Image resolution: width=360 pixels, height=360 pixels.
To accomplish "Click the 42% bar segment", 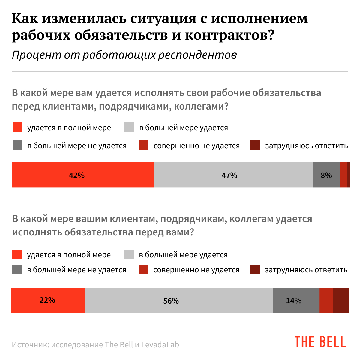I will coord(83,175).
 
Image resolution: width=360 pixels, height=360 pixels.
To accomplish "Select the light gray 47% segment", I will coord(234,175).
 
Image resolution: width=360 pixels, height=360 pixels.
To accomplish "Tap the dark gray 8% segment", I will coord(327,175).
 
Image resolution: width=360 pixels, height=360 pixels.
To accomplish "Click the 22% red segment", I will coord(48,300).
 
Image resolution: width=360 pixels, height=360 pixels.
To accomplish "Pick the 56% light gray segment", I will coord(179,300).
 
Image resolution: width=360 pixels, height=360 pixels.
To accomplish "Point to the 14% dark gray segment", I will coord(296,300).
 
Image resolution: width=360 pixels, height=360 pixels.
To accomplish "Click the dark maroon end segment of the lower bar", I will coord(341,300).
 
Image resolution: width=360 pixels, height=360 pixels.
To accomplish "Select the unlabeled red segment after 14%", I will coord(326,300).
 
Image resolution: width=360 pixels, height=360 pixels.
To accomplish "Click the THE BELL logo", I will coord(320,342).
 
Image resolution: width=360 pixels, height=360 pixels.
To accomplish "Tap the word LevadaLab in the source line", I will coord(160,345).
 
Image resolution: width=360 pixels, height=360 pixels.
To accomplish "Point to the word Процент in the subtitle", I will coord(36,55).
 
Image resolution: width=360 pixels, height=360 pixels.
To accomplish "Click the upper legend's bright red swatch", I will coord(17,127).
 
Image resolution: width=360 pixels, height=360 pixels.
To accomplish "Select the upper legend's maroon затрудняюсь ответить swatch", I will coord(255,145).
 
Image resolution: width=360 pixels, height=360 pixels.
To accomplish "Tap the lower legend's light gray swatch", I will coord(129,255).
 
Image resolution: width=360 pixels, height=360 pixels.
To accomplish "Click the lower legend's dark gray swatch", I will coord(17,269).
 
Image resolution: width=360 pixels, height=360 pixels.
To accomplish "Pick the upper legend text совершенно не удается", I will coord(196,146).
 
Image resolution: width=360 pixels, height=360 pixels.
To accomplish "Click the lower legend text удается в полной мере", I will coord(69,255).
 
